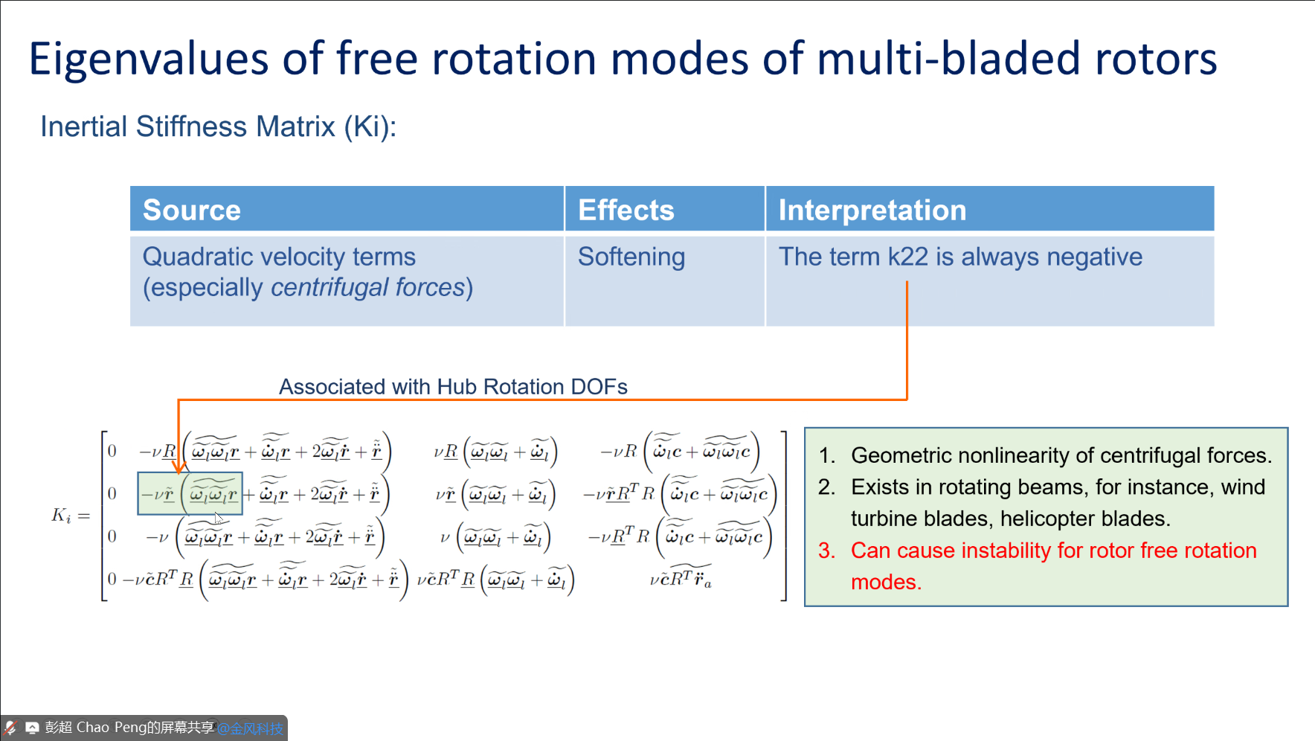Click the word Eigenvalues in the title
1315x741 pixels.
tap(148, 60)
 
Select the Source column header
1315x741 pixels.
tap(192, 210)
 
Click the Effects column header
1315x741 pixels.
tap(626, 210)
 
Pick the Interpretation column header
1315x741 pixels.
tap(872, 210)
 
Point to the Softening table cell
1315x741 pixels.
tap(631, 257)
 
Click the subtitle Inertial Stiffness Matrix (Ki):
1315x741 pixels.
tap(218, 126)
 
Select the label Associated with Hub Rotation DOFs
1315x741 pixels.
tap(453, 387)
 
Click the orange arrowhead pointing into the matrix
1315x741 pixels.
tap(179, 467)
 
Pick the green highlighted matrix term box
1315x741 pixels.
tap(190, 493)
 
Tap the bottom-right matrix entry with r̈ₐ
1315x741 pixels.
tap(681, 580)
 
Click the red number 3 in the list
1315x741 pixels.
tap(826, 551)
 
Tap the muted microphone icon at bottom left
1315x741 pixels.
tap(10, 728)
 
